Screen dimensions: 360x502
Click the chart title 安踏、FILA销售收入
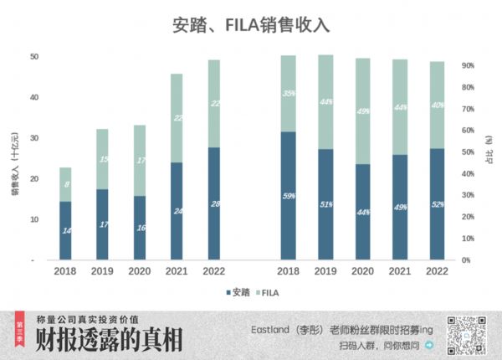[x=250, y=24]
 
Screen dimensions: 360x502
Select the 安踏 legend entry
[x=238, y=293]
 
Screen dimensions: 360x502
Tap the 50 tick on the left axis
[x=34, y=57]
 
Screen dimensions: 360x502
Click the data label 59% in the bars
[x=289, y=197]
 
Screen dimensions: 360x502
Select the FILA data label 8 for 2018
[x=66, y=184]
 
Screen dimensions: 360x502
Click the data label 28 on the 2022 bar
[x=214, y=205]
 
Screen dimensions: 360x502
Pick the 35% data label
[x=289, y=94]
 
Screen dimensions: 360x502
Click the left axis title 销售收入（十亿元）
[x=15, y=164]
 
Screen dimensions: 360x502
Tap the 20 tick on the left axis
[x=34, y=179]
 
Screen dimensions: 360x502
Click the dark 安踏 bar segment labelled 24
[x=177, y=211]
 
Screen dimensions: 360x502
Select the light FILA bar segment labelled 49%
[x=362, y=111]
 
